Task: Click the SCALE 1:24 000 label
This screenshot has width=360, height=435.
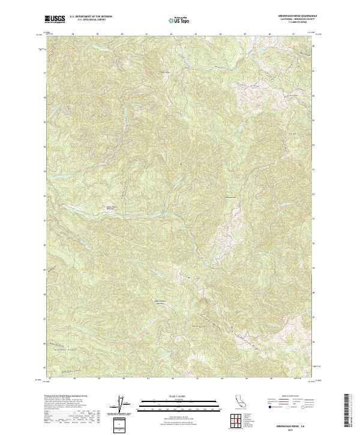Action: pyautogui.click(x=180, y=396)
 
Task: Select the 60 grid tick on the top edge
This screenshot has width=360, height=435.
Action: pyautogui.click(x=122, y=34)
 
